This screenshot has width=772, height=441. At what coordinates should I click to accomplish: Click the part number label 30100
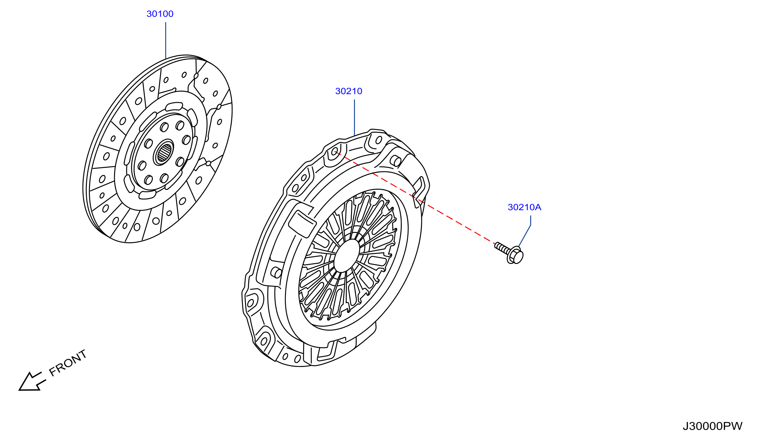coord(160,14)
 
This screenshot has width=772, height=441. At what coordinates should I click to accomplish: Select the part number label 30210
coord(349,91)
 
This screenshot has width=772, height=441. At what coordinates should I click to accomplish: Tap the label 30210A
coord(524,207)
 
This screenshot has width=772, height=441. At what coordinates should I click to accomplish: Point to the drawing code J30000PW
coord(712,426)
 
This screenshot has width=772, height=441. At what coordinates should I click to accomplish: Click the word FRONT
coord(68,363)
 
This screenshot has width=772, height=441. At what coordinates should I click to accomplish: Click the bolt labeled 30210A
coord(509,253)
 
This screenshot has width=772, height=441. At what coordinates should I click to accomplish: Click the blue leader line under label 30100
coord(166,41)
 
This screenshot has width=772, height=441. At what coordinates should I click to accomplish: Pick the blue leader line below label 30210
coord(354,117)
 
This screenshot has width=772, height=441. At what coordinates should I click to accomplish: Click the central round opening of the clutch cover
coord(347,256)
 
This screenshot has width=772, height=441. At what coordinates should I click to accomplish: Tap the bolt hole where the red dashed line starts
coord(334,151)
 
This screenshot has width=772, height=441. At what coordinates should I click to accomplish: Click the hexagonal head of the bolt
coord(515,255)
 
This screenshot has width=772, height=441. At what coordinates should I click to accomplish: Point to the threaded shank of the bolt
coord(502,248)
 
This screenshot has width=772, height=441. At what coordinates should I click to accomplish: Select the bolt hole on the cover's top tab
coord(379,140)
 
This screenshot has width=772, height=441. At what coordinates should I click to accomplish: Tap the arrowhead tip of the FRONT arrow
coord(19,390)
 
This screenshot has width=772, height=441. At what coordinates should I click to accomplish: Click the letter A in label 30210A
coord(538,207)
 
